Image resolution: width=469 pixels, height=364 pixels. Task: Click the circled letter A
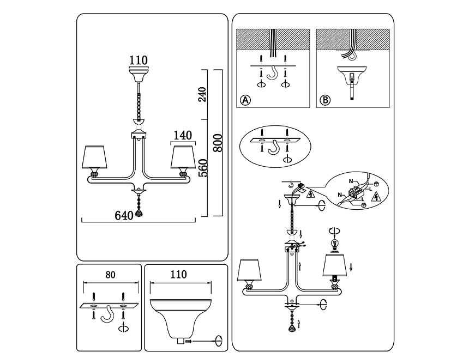(246, 100)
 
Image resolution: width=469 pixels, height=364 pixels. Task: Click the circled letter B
(325, 100)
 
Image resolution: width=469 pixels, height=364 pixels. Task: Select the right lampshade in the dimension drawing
(183, 157)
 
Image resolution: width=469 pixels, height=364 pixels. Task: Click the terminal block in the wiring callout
(357, 192)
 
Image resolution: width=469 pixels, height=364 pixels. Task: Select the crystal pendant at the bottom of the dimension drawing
(139, 213)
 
